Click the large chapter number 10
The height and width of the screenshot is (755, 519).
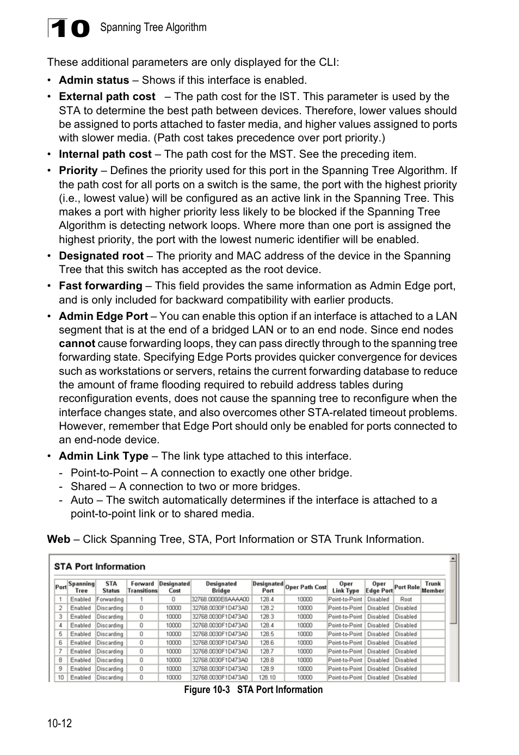click(x=69, y=28)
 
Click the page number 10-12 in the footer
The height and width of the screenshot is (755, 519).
click(x=59, y=723)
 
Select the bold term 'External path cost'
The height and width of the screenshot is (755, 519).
click(x=107, y=97)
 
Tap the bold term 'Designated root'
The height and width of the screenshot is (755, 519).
click(x=101, y=256)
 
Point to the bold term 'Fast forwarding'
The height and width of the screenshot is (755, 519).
click(x=101, y=286)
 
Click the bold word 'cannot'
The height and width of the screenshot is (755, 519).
click(x=77, y=344)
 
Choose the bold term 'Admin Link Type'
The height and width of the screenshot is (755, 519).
click(x=103, y=456)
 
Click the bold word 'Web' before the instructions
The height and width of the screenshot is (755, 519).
click(x=58, y=540)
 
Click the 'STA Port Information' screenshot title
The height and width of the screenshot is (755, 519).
click(x=100, y=567)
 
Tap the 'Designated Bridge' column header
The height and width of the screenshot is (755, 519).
click(x=221, y=587)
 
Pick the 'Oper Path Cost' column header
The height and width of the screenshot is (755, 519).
click(x=306, y=587)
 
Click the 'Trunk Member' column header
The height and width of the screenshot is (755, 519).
click(x=433, y=587)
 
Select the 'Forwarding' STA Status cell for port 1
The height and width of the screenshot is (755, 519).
click(x=110, y=599)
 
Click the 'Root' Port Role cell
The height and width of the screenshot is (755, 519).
click(x=406, y=599)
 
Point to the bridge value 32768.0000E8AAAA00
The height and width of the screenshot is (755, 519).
click(x=220, y=599)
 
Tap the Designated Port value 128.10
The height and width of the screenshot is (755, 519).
click(x=267, y=678)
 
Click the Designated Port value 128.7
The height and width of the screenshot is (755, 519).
click(x=267, y=652)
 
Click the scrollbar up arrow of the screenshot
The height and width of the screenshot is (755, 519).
click(x=453, y=559)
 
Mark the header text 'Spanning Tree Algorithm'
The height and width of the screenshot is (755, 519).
click(x=153, y=28)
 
